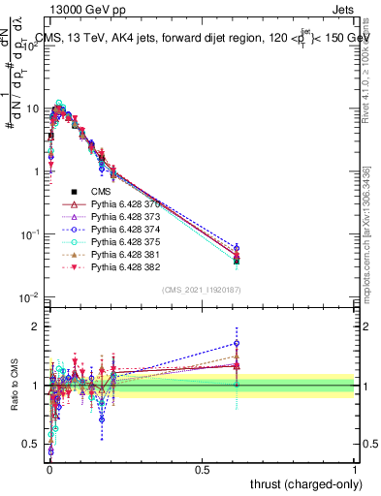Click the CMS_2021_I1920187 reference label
click(202, 289)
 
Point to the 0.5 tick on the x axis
click(202, 469)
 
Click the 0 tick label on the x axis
click(49, 469)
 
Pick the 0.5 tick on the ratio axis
click(32, 446)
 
